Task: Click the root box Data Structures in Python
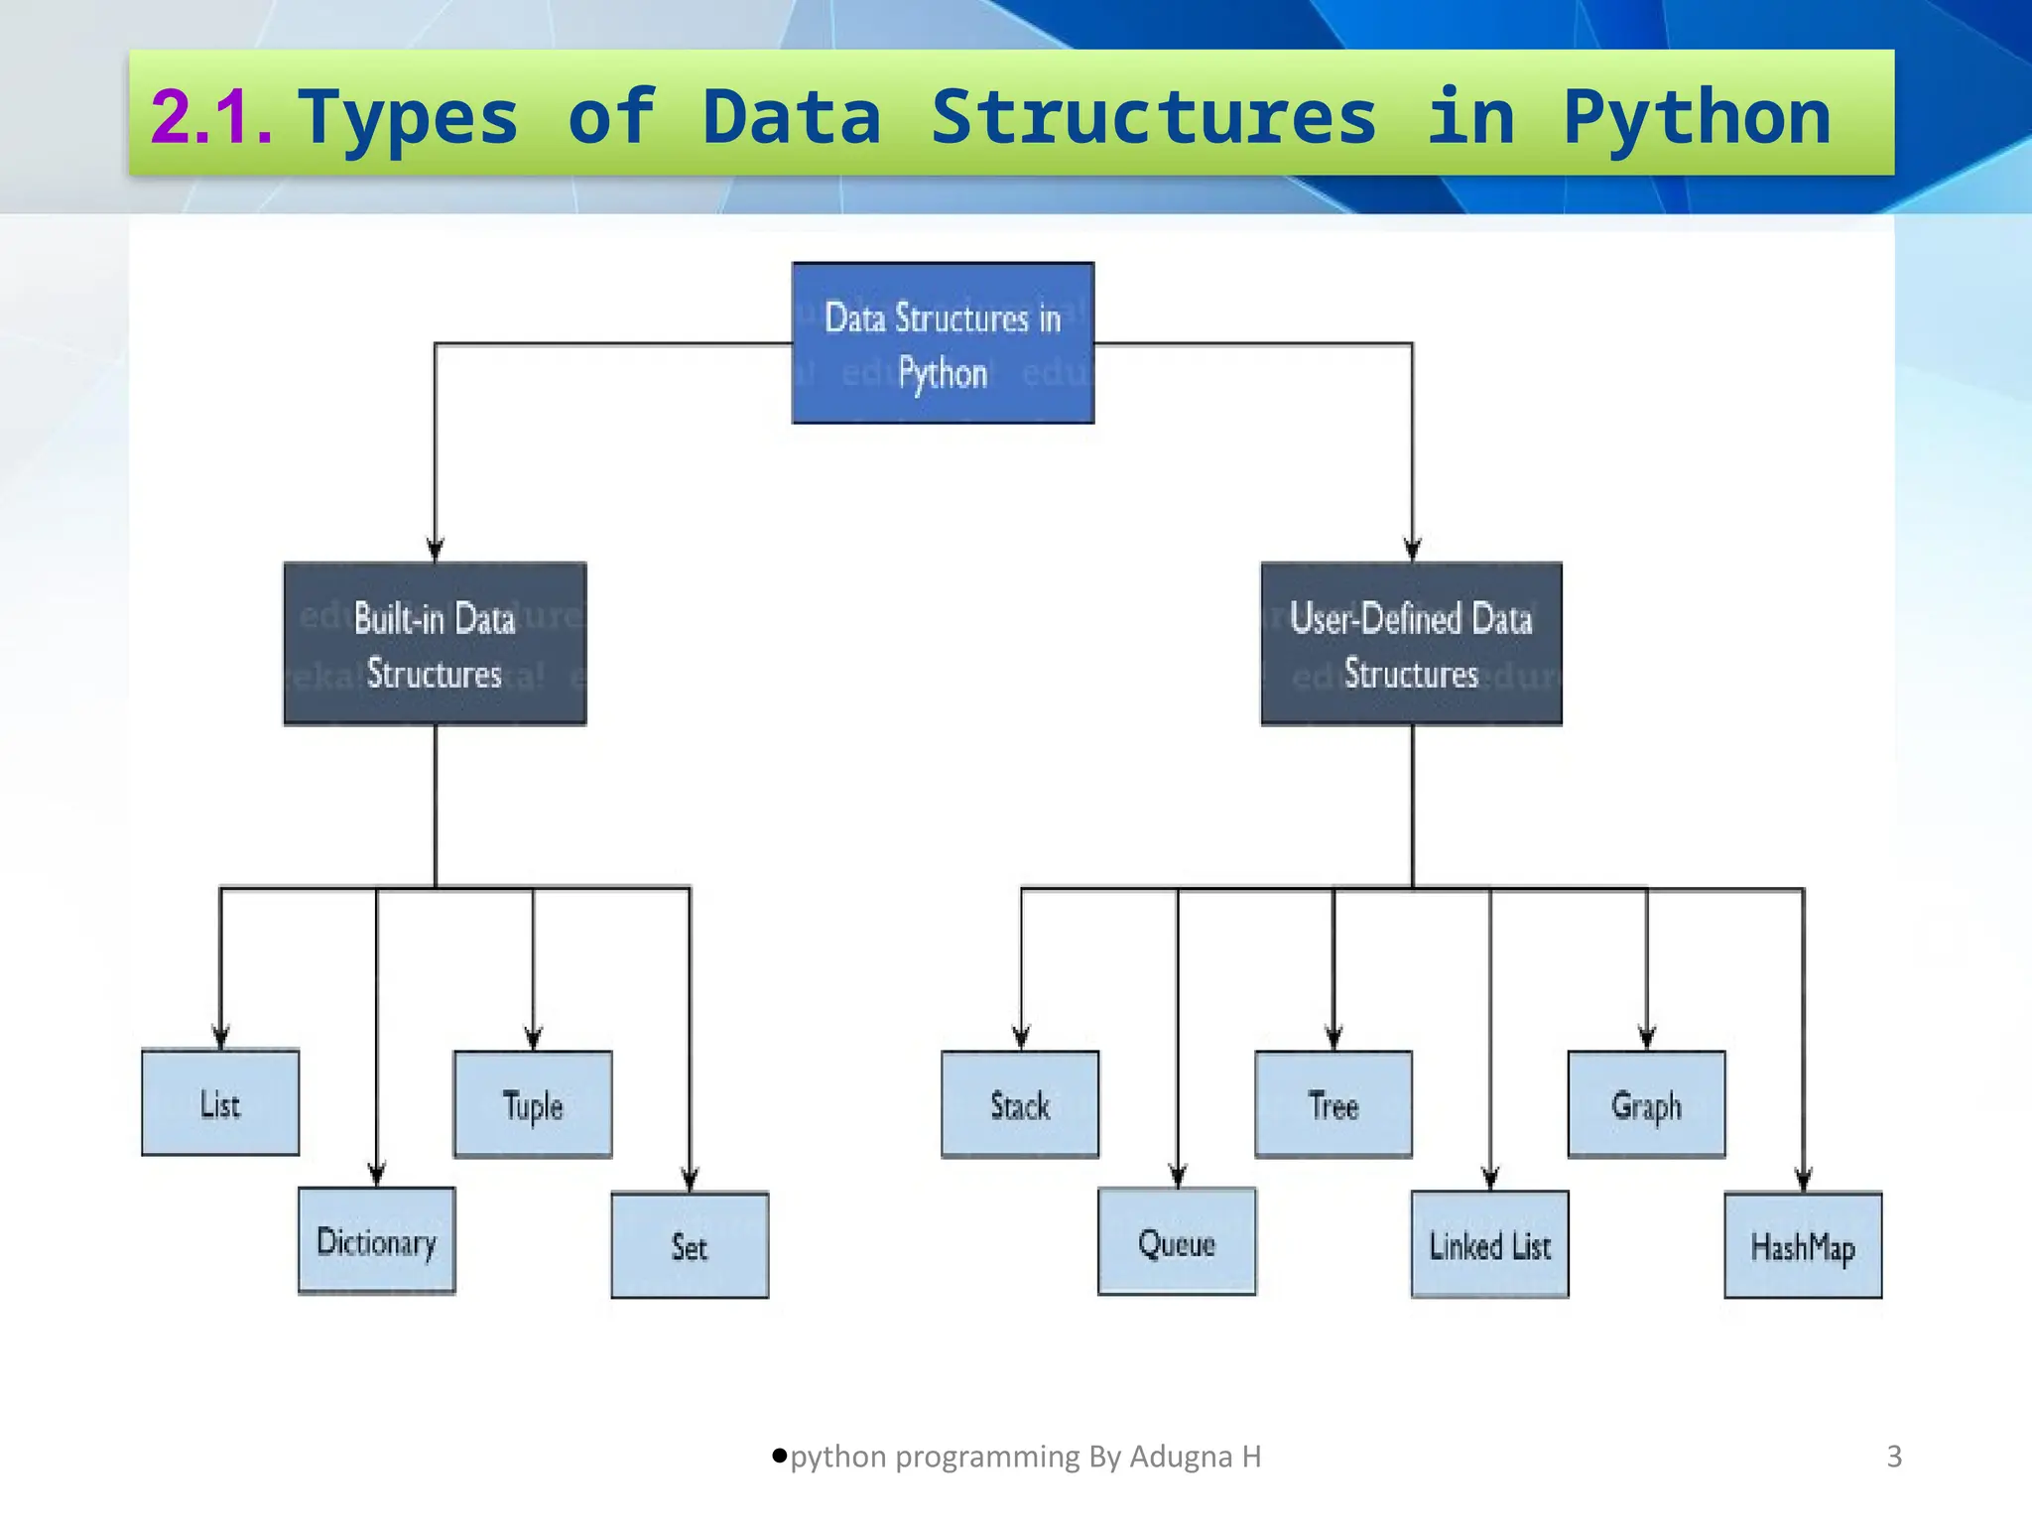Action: [x=943, y=343]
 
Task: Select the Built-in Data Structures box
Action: [x=435, y=644]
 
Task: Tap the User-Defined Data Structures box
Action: [x=1411, y=644]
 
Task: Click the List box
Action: [x=220, y=1102]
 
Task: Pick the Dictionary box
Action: [x=377, y=1241]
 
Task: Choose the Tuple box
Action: [x=533, y=1104]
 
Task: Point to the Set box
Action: [x=690, y=1245]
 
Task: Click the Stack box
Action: [x=1020, y=1104]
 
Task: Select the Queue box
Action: [x=1177, y=1242]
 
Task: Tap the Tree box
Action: [x=1333, y=1104]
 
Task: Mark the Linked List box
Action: [x=1489, y=1245]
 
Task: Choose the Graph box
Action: [x=1646, y=1104]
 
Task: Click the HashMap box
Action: [x=1803, y=1246]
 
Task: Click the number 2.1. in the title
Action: [x=211, y=117]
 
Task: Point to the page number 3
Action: [x=1894, y=1457]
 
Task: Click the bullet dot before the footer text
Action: [x=780, y=1456]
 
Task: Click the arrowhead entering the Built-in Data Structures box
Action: [x=435, y=549]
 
